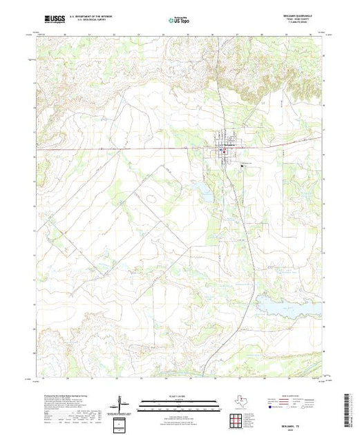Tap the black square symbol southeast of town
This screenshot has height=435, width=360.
(242, 166)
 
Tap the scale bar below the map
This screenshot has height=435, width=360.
(179, 402)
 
